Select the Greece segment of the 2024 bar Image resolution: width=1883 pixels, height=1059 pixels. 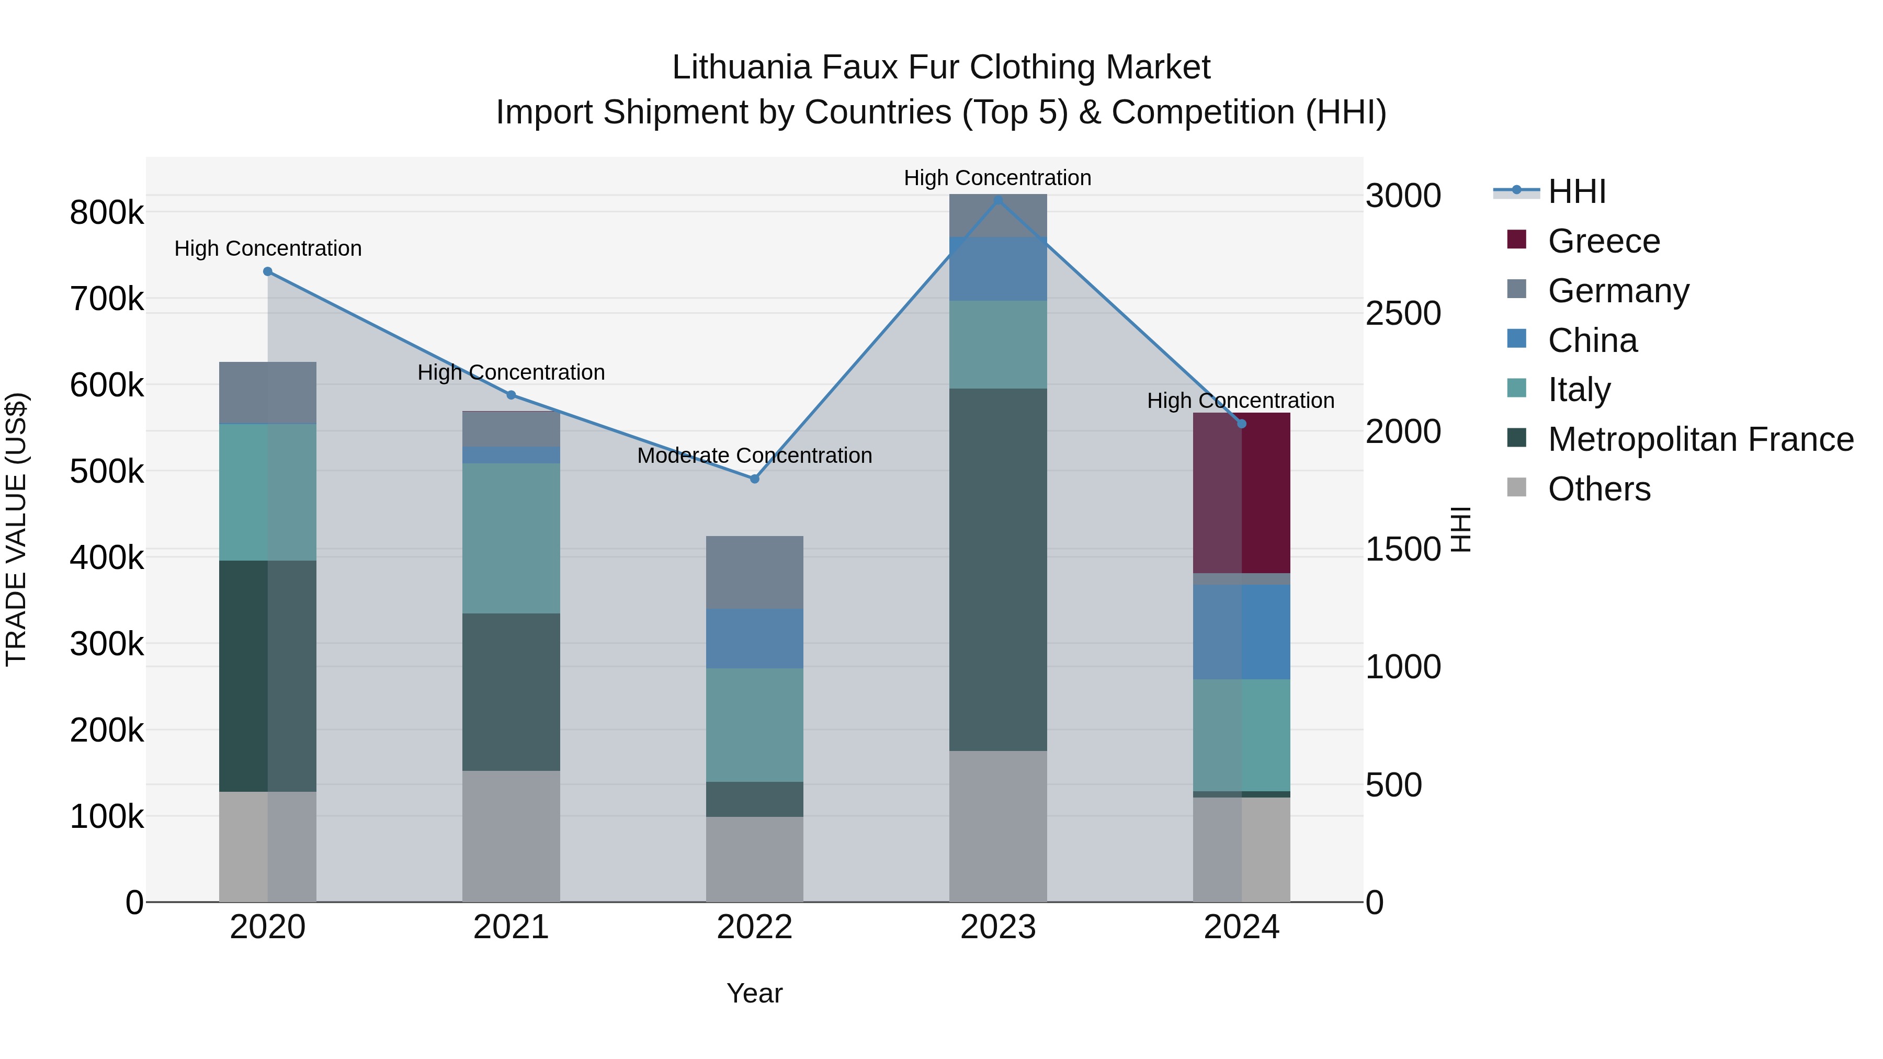click(1241, 493)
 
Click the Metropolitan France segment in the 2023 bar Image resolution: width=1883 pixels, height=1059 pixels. click(998, 570)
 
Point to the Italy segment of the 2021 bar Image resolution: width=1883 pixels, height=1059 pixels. click(511, 538)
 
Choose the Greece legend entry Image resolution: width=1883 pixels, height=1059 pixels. click(1603, 241)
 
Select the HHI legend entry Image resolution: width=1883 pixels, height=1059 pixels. click(1576, 191)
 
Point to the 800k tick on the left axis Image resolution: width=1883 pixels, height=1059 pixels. click(107, 213)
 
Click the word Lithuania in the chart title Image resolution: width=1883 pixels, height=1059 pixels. click(741, 68)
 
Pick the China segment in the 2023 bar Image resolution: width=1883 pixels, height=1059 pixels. click(998, 268)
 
